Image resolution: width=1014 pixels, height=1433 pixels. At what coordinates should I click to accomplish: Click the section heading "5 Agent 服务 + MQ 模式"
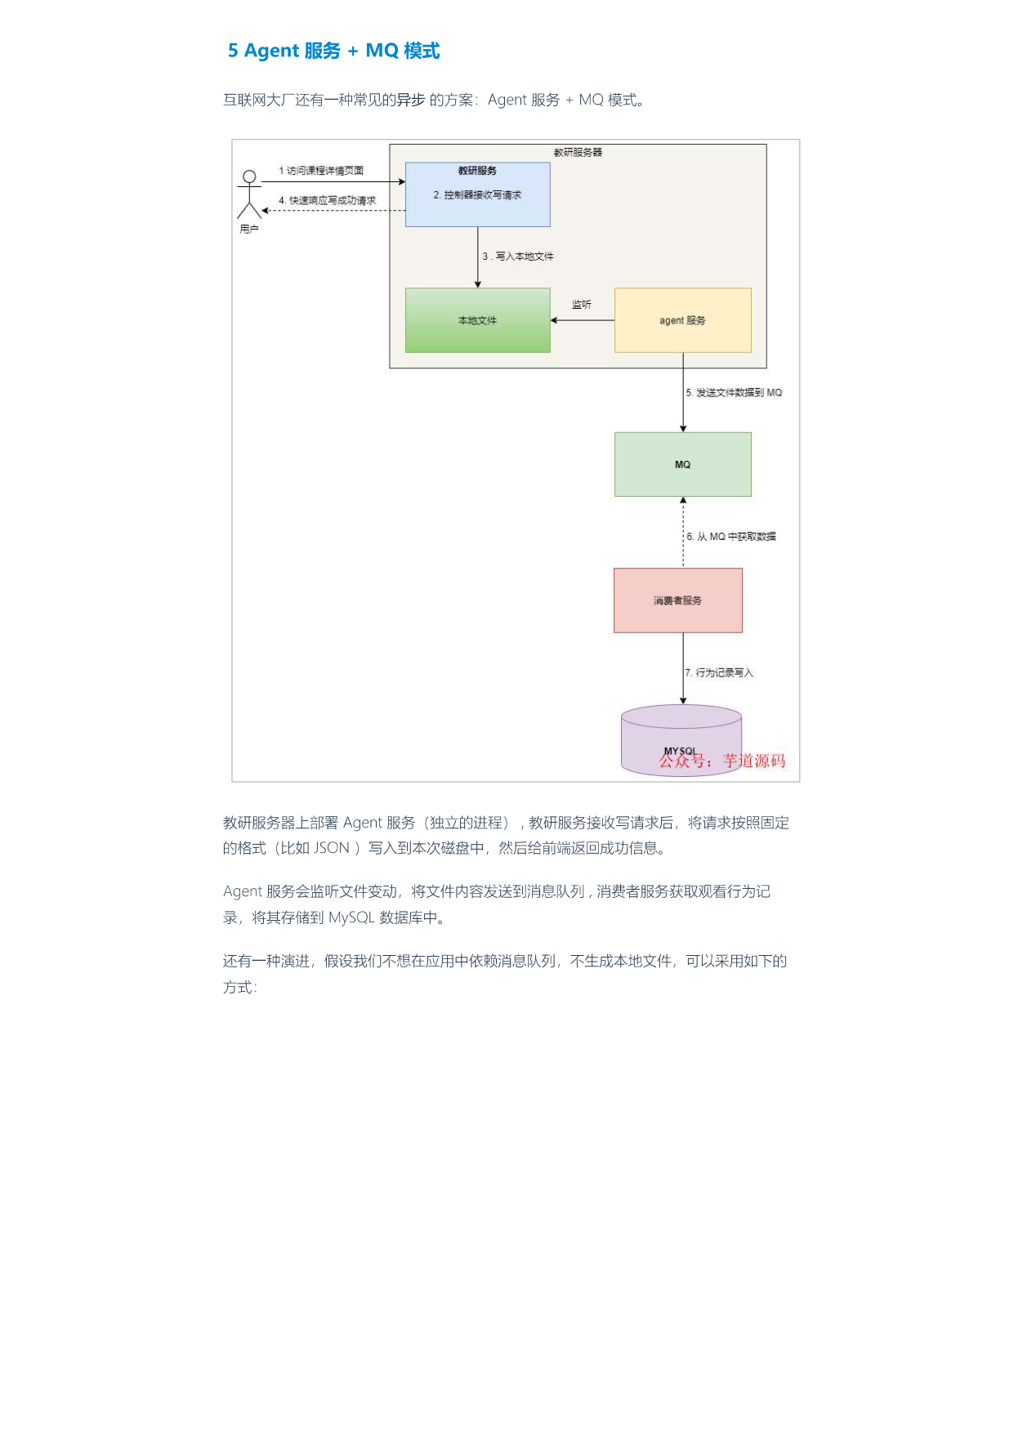[333, 51]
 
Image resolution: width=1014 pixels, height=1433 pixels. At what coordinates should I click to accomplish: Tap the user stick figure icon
[249, 194]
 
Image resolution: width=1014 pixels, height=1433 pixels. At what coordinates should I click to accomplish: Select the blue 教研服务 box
[478, 194]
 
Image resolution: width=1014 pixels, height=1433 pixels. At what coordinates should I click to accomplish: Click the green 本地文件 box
[478, 320]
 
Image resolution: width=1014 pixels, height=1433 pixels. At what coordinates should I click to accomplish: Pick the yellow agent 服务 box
[683, 320]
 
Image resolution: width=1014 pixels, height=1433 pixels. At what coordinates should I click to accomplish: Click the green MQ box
[683, 464]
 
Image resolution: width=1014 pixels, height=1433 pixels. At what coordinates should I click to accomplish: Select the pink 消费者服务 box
[678, 600]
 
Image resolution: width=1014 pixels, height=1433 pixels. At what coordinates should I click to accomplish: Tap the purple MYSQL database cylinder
[681, 740]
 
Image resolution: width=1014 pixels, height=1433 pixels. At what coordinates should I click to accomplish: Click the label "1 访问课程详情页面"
[321, 171]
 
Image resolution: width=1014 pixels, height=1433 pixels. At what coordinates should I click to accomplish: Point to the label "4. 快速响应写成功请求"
[328, 200]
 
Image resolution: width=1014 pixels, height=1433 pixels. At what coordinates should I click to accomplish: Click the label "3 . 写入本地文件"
[518, 257]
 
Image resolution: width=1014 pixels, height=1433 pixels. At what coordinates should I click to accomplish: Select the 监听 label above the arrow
[582, 305]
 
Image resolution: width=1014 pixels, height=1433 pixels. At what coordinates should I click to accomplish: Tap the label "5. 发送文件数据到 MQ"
[734, 393]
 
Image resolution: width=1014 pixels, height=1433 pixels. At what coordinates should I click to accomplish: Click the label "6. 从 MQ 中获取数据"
[731, 537]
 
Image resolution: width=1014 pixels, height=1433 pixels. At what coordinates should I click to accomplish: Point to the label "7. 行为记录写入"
[719, 673]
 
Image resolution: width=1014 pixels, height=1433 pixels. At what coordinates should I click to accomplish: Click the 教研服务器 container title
[578, 153]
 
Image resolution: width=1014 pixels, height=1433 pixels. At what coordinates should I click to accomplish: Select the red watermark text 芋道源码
[754, 761]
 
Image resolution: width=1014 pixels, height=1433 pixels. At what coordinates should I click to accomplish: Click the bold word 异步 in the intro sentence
[411, 100]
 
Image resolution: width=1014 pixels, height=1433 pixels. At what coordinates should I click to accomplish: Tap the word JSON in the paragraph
[332, 848]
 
